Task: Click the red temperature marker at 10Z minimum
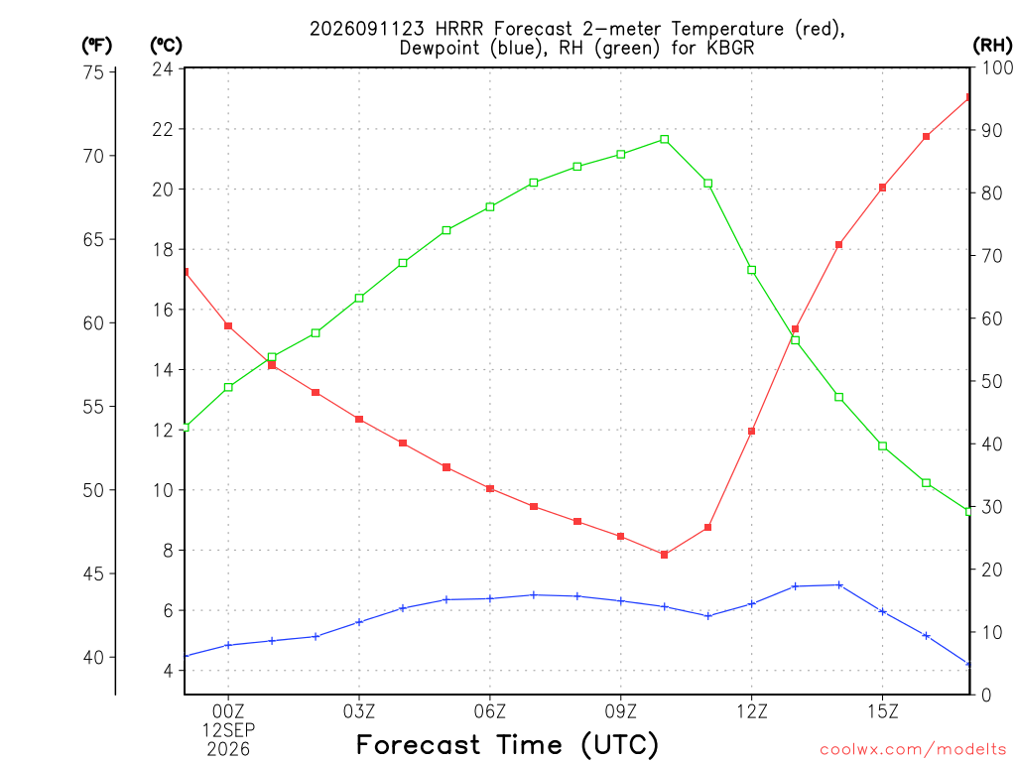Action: [664, 555]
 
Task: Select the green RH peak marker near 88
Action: [664, 139]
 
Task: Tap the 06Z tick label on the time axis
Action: [490, 711]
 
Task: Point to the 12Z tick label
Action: [752, 711]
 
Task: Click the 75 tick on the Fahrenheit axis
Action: [94, 71]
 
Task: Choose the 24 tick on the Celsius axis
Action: [164, 68]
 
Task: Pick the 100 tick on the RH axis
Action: [998, 67]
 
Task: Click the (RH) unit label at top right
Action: [992, 45]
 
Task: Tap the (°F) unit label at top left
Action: [96, 46]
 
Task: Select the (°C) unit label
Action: [166, 46]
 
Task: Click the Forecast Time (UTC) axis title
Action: [507, 744]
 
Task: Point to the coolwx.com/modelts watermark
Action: [913, 750]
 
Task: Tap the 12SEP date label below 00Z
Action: [228, 730]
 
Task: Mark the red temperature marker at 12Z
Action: [752, 431]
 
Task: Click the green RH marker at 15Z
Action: [882, 445]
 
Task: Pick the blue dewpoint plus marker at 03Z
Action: [359, 622]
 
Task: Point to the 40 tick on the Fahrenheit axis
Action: [94, 657]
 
